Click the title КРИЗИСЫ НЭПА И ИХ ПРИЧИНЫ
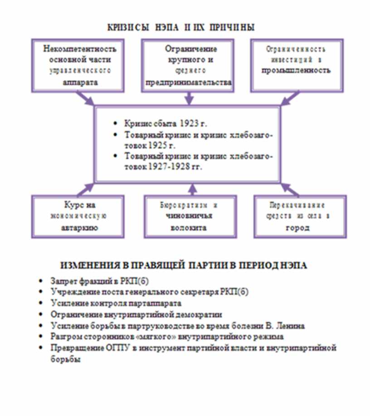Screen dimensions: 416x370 [181, 27]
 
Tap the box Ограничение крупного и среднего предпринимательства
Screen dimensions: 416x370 [188, 65]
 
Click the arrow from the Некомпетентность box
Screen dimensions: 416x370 [86, 99]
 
